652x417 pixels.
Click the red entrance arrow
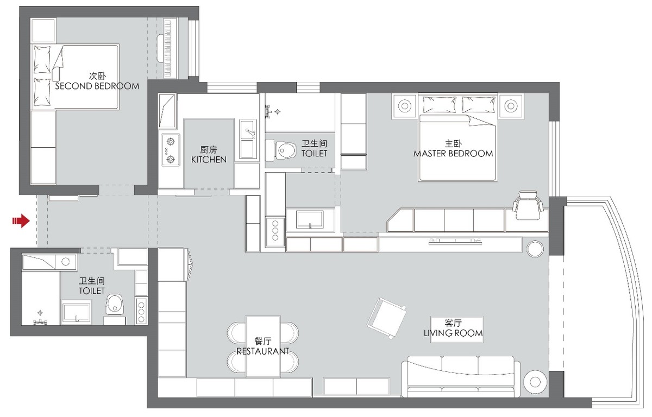click(21, 222)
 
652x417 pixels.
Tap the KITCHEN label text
click(209, 160)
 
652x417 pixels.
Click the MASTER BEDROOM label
click(453, 154)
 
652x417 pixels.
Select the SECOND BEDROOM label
click(97, 86)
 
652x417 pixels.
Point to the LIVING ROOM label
click(453, 333)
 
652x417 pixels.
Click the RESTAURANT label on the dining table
click(262, 351)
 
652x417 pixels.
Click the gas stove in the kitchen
click(171, 150)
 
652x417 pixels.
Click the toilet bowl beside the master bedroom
click(284, 150)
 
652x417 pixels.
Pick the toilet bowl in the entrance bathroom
click(115, 305)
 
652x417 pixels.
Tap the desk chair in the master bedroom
click(528, 205)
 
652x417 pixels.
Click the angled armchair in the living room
click(386, 318)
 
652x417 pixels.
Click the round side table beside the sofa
click(535, 382)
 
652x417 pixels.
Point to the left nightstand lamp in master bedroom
click(405, 106)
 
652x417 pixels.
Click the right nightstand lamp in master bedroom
click(511, 106)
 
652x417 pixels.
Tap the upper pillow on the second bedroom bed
click(42, 60)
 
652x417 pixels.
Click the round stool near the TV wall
click(535, 249)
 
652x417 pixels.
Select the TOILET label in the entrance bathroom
click(92, 291)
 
